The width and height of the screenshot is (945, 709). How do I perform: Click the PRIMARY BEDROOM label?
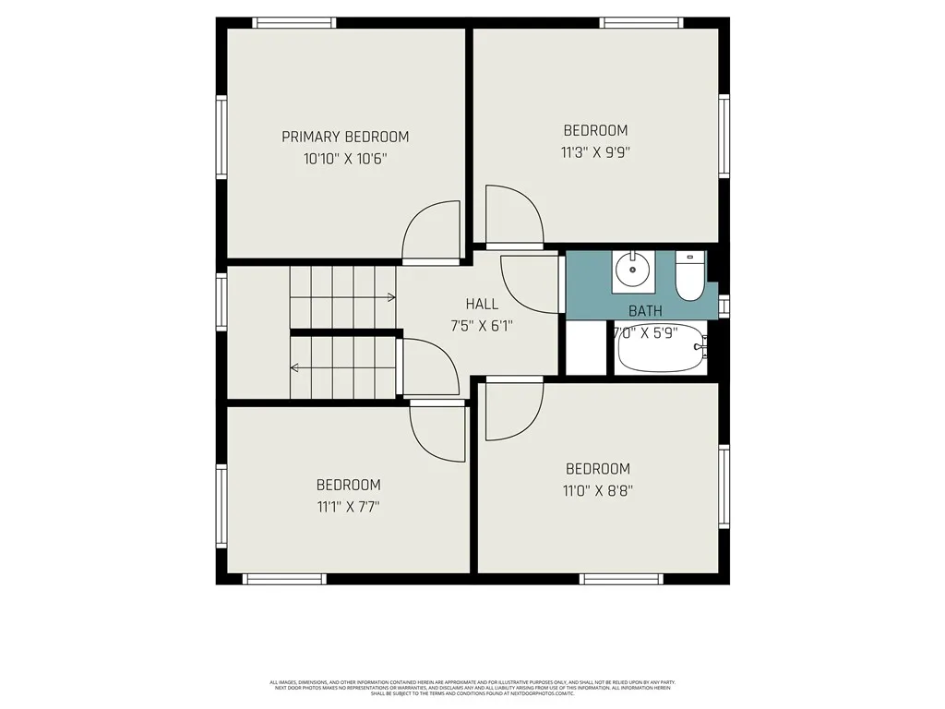coord(345,137)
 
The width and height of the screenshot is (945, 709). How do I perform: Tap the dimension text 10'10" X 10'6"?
coord(345,159)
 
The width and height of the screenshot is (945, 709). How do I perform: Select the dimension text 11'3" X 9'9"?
coord(595,152)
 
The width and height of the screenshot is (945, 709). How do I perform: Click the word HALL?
coord(482,304)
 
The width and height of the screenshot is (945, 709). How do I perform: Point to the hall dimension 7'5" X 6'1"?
coord(481,325)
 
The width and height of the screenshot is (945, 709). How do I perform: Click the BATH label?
coord(645,311)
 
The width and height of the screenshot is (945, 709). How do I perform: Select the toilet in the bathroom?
coord(688,277)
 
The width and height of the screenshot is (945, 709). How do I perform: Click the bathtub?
coord(662,351)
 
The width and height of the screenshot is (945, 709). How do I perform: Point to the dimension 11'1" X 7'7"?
coord(348,507)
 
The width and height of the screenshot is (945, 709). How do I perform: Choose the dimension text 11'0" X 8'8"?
coord(598,491)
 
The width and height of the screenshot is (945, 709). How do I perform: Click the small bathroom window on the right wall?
coord(724,306)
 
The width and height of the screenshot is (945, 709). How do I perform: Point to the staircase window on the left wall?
coord(221,302)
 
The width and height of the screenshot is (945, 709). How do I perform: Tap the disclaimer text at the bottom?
coord(472,688)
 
